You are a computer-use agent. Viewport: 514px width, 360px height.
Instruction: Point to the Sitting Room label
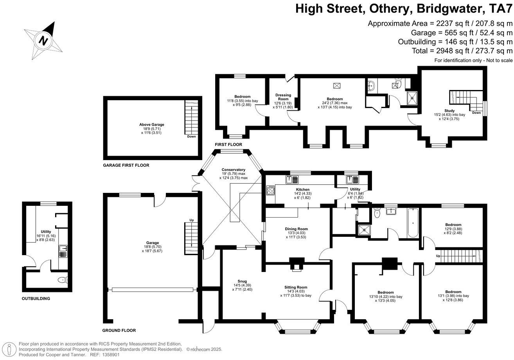point(296,287)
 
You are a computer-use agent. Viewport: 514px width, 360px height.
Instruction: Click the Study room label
point(449,111)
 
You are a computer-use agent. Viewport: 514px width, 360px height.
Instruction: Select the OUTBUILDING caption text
point(36,299)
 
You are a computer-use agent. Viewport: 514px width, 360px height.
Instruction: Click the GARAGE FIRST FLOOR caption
point(126,166)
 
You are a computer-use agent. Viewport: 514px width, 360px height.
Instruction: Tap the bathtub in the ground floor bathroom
point(413,223)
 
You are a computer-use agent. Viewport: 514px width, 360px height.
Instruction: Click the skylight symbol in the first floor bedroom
point(336,86)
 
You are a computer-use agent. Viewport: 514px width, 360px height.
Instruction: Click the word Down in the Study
point(476,113)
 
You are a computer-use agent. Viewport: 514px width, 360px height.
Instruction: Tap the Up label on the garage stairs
point(191,220)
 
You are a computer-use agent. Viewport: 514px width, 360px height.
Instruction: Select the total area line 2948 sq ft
point(462,51)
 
